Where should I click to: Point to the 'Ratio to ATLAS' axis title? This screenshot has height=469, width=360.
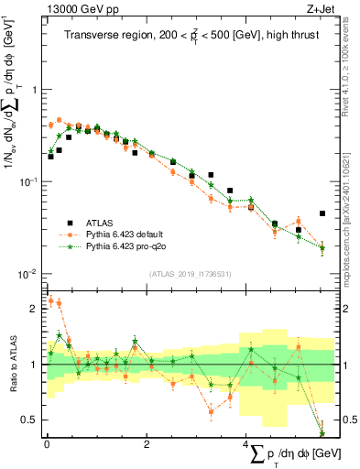click(x=12, y=364)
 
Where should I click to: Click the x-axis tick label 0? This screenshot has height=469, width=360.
click(x=46, y=444)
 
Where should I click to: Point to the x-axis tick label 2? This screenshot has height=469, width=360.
click(x=147, y=444)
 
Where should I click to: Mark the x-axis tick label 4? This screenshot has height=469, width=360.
click(x=245, y=444)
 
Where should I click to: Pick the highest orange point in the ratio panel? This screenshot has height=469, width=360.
click(x=50, y=300)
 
